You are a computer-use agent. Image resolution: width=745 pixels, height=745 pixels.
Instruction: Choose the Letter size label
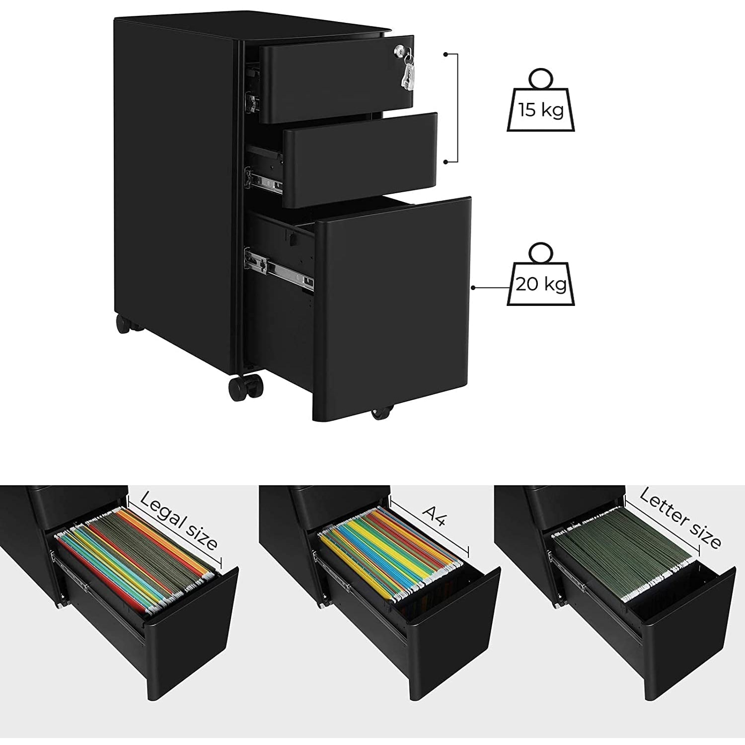click(x=680, y=518)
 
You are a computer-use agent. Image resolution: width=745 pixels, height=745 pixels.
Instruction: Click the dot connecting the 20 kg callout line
click(x=473, y=287)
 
